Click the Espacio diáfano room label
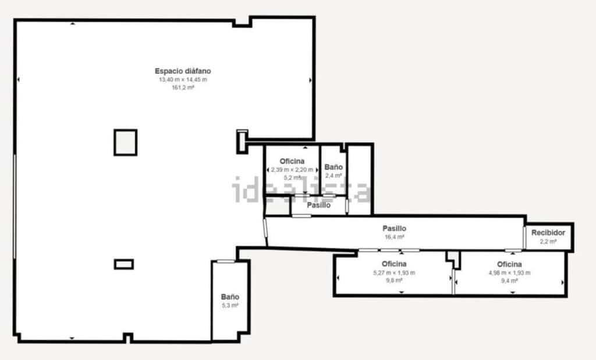click(179, 71)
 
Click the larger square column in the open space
click(125, 142)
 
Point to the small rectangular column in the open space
click(123, 264)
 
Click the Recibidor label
click(548, 233)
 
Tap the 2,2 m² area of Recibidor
click(548, 241)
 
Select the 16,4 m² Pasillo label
click(394, 229)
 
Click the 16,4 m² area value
click(394, 237)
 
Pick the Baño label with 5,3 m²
click(230, 297)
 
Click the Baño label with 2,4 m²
click(334, 167)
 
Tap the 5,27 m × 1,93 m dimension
click(394, 273)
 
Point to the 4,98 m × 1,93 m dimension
click(509, 273)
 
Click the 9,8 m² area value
click(394, 280)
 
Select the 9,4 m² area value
click(509, 280)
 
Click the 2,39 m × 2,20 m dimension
click(292, 170)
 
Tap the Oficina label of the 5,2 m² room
click(292, 161)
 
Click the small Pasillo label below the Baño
click(319, 205)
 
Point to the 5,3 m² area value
click(230, 305)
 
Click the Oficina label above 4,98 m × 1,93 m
click(509, 265)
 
